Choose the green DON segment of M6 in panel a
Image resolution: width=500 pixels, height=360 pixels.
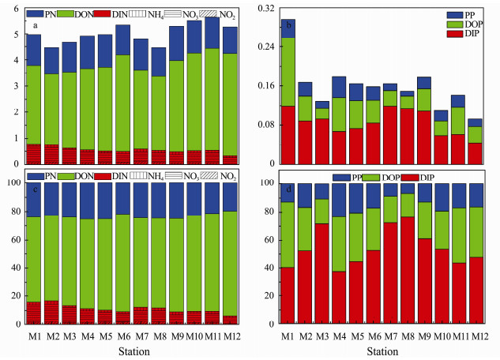coord(123,103)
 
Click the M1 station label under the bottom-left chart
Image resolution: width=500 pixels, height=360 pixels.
coord(34,334)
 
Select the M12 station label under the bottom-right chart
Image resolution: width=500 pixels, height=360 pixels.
coord(475,334)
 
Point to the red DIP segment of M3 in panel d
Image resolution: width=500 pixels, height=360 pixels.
coord(322,273)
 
